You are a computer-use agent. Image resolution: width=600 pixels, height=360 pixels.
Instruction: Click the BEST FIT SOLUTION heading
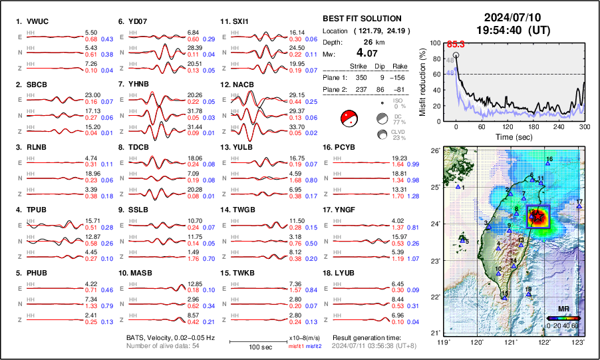[x=361, y=19]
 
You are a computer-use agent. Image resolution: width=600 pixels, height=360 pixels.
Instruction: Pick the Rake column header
[x=399, y=67]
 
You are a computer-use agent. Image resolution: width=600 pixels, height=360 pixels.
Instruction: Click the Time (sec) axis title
[x=512, y=135]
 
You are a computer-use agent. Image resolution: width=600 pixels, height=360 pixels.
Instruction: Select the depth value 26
[x=365, y=41]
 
